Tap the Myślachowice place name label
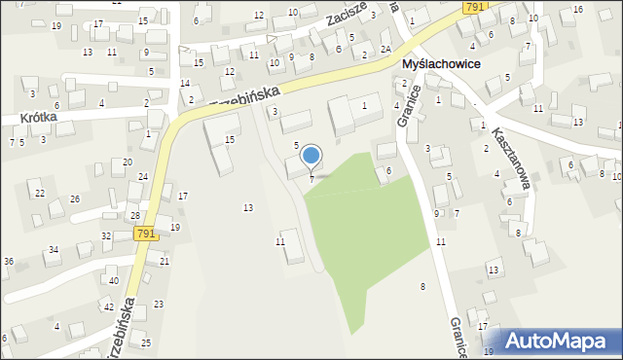tap(450, 64)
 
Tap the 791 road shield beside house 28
tap(146, 234)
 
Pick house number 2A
tap(386, 49)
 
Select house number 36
tap(9, 262)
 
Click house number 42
tap(108, 306)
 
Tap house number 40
tap(114, 280)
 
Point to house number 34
tap(54, 250)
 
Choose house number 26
tap(75, 199)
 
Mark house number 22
tap(40, 193)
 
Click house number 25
tap(146, 342)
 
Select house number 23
tap(159, 305)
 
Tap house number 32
tap(106, 236)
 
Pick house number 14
tap(185, 83)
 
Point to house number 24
tap(143, 177)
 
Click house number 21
tap(165, 262)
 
